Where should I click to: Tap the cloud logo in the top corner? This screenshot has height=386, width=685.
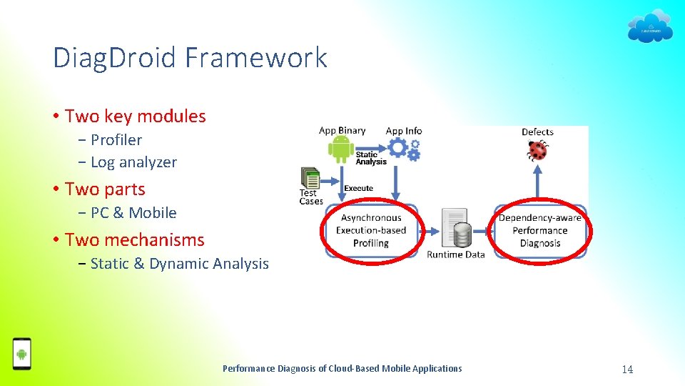coord(649,26)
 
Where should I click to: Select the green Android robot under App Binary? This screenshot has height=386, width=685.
coord(340,149)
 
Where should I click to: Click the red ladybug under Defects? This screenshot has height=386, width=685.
coord(537,150)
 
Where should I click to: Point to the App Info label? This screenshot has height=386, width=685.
coord(404,131)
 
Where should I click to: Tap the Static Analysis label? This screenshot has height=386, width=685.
coord(371,158)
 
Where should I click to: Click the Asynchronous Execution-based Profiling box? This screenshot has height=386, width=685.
coord(371,230)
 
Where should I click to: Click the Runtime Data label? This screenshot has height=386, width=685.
coord(455,254)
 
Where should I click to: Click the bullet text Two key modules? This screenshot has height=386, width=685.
coord(135,116)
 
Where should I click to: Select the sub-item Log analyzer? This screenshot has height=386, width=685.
coord(133,162)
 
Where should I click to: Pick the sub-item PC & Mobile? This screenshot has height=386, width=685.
coord(133,212)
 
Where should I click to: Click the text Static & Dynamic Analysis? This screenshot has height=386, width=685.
coord(180,264)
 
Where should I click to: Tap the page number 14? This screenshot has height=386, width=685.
coord(627,369)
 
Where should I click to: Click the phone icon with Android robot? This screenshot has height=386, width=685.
coord(22,354)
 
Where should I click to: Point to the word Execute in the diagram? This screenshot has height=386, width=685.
coord(358,189)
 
